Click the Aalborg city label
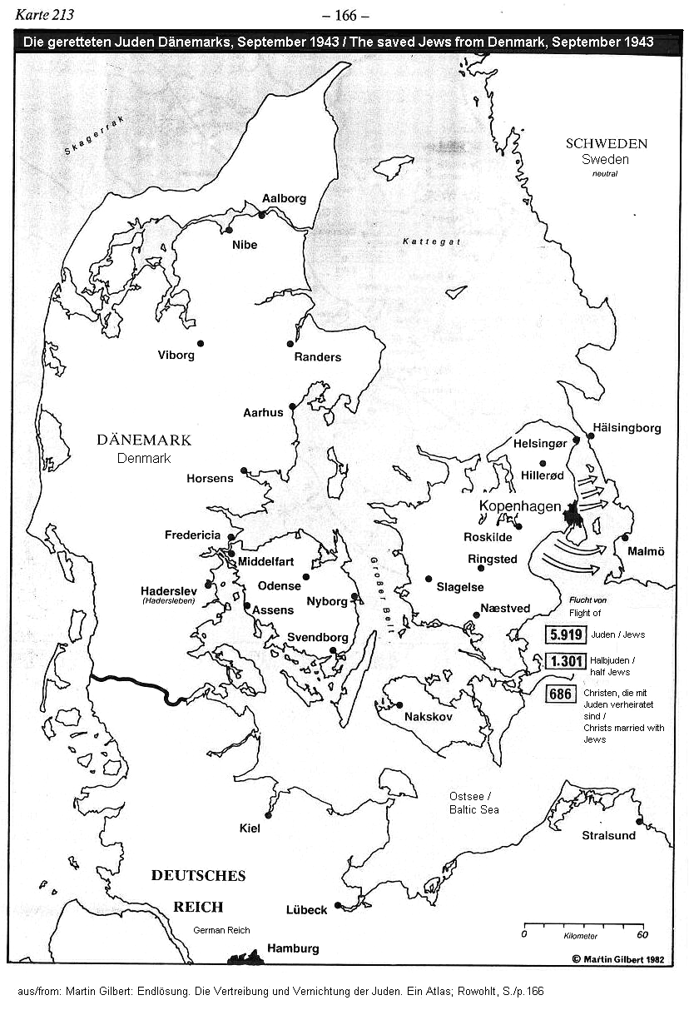284,198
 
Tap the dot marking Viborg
201,343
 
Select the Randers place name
317,357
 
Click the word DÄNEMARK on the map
144,440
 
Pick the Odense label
279,586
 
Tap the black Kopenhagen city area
573,517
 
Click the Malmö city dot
625,537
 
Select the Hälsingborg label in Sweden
627,428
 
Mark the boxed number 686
562,693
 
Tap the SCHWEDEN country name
606,143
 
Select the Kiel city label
250,828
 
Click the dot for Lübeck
338,905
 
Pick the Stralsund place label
608,835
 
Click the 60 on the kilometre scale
642,934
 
